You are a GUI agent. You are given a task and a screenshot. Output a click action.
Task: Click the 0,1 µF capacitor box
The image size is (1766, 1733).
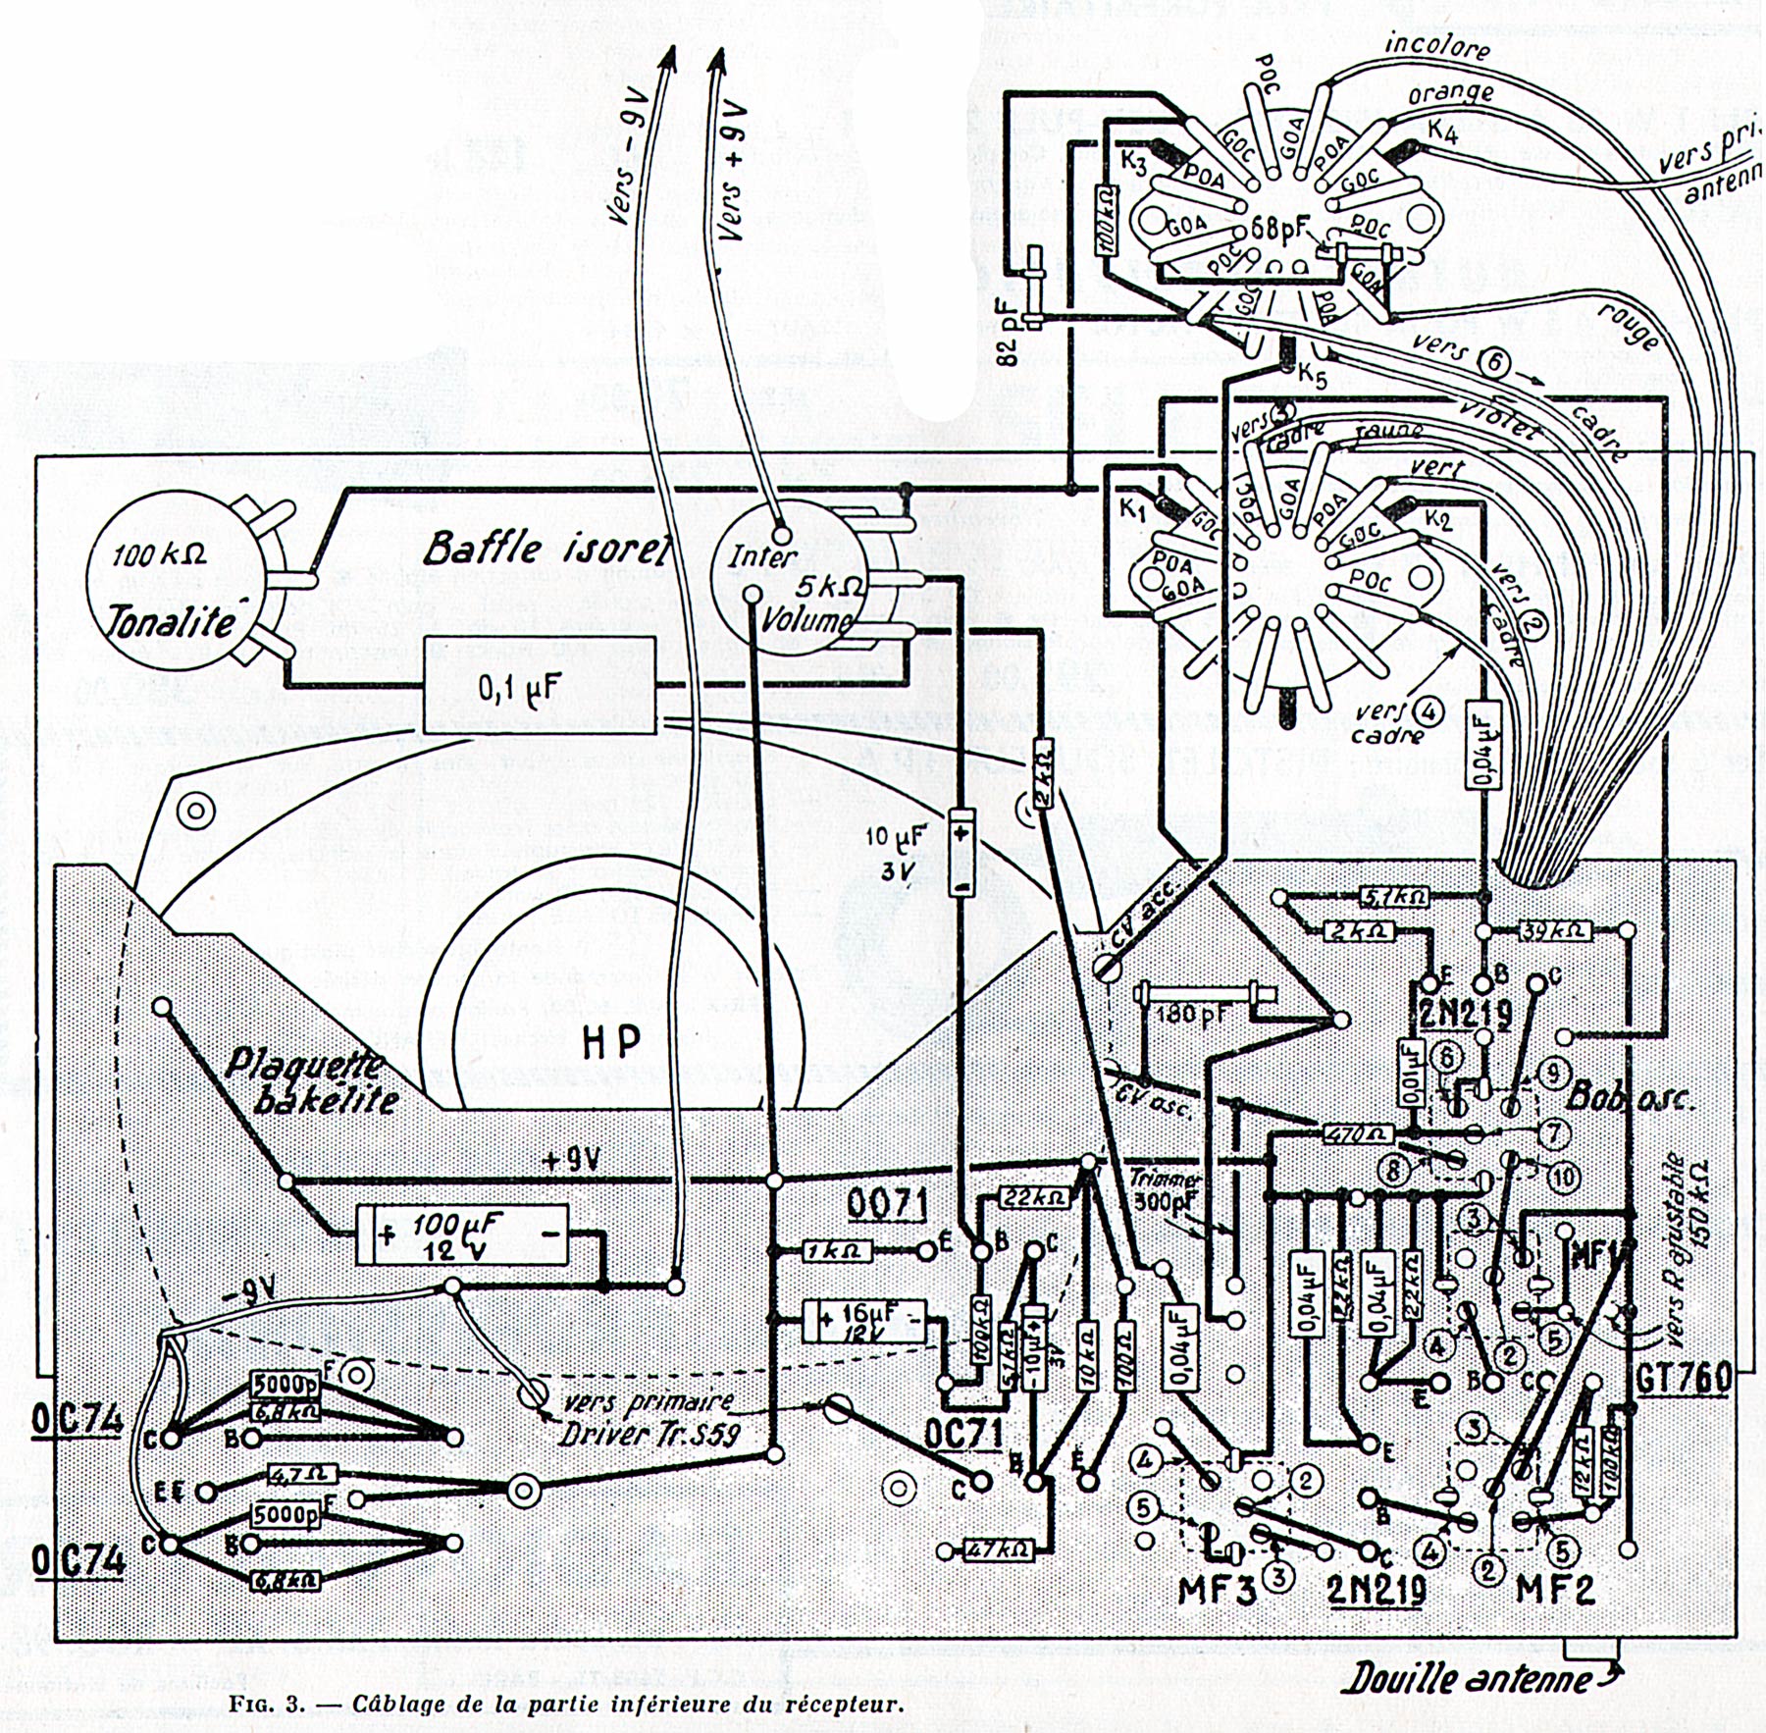pyautogui.click(x=539, y=686)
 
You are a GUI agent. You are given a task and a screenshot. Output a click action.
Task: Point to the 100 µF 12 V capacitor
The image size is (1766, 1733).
pyautogui.click(x=462, y=1234)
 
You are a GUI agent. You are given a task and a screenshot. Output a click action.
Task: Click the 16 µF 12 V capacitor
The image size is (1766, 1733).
pyautogui.click(x=864, y=1321)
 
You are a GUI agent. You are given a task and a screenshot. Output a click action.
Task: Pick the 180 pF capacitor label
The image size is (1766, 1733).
pyautogui.click(x=1189, y=1014)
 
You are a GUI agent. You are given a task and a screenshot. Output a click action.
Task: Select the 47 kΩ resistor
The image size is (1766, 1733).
pyautogui.click(x=999, y=1549)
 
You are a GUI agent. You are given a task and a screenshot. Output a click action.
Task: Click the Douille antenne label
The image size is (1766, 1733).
pyautogui.click(x=1466, y=1680)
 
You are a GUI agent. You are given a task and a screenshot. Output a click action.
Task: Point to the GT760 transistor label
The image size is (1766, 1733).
pyautogui.click(x=1681, y=1379)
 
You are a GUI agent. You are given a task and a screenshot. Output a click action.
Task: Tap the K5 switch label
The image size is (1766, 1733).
pyautogui.click(x=1313, y=377)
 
